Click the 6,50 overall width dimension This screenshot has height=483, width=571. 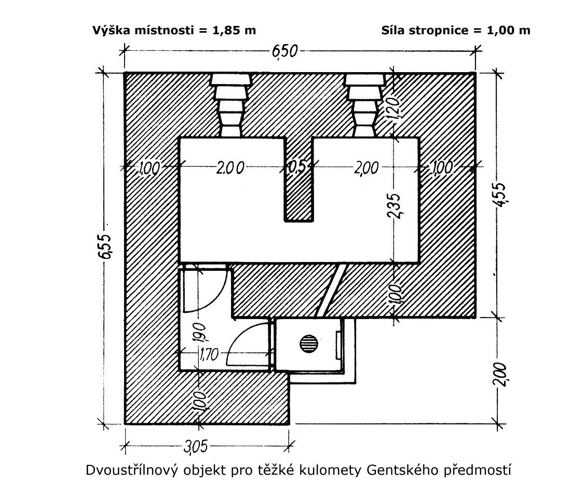(284, 51)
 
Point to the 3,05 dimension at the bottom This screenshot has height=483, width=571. (196, 447)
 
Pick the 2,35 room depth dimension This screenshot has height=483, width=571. (393, 205)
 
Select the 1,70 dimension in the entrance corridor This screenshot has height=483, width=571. (209, 354)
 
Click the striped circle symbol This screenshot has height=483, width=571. (309, 343)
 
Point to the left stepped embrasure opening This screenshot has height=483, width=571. (231, 105)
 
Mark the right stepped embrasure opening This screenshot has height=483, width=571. (365, 105)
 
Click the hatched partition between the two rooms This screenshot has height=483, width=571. (298, 179)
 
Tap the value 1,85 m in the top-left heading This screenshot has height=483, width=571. (234, 30)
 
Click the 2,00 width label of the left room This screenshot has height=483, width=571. (230, 168)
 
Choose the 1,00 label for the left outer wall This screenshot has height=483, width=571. (149, 168)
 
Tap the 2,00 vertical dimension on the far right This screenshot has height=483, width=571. (499, 374)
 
